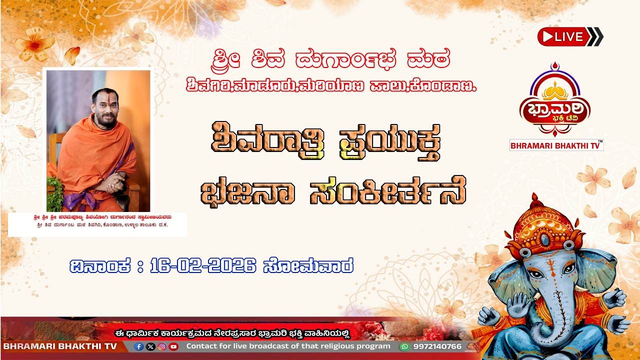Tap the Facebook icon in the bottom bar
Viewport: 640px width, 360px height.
[x=139, y=346]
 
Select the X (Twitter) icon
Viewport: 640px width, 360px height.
[x=150, y=346]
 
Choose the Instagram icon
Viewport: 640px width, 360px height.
[x=162, y=346]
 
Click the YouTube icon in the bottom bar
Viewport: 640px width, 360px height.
[x=173, y=346]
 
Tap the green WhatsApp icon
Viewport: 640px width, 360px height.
[x=404, y=346]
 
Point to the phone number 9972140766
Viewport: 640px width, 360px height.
[x=437, y=346]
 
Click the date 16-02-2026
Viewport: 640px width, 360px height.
[x=203, y=265]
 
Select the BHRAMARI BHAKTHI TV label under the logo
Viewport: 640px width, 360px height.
[x=556, y=145]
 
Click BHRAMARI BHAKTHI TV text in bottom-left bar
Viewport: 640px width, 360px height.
[x=60, y=346]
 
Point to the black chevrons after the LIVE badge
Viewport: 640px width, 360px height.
[x=595, y=36]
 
